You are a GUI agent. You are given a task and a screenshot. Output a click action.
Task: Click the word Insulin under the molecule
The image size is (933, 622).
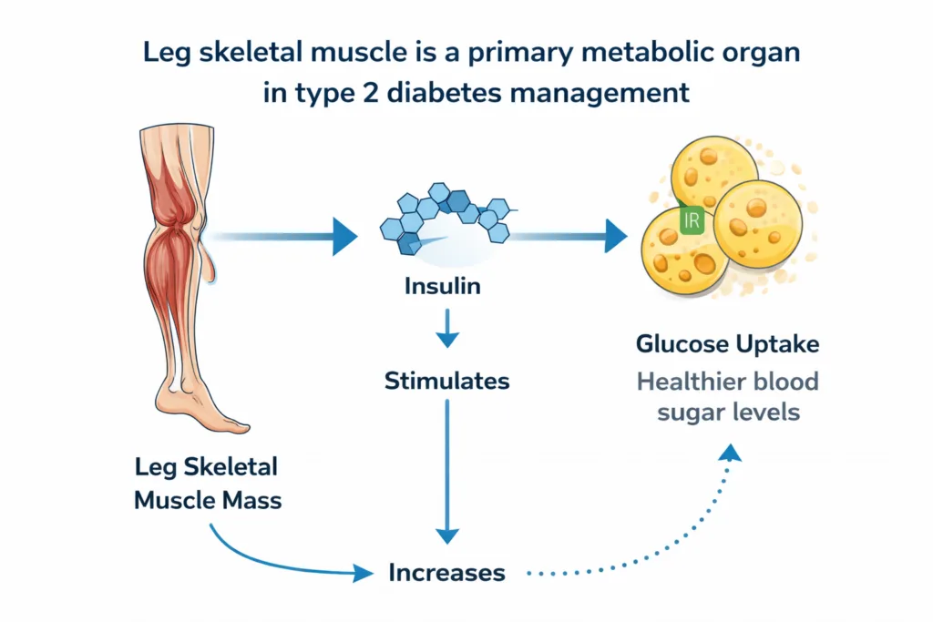click(443, 287)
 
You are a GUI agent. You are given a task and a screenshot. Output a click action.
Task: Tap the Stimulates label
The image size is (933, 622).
click(446, 381)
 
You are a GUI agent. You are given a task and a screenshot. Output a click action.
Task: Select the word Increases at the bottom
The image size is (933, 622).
click(446, 573)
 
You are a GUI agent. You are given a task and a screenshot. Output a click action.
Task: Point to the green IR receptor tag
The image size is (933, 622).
click(688, 219)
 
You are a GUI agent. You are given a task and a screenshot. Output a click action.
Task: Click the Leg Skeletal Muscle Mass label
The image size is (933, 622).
click(208, 484)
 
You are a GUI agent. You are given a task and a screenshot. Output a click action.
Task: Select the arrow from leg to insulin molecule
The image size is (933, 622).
click(282, 236)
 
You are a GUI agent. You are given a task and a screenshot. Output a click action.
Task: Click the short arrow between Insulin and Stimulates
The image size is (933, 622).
click(446, 327)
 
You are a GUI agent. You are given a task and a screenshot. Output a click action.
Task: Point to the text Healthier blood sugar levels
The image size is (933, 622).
click(727, 396)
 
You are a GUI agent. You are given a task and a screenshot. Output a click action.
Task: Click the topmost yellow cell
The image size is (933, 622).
click(713, 172)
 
